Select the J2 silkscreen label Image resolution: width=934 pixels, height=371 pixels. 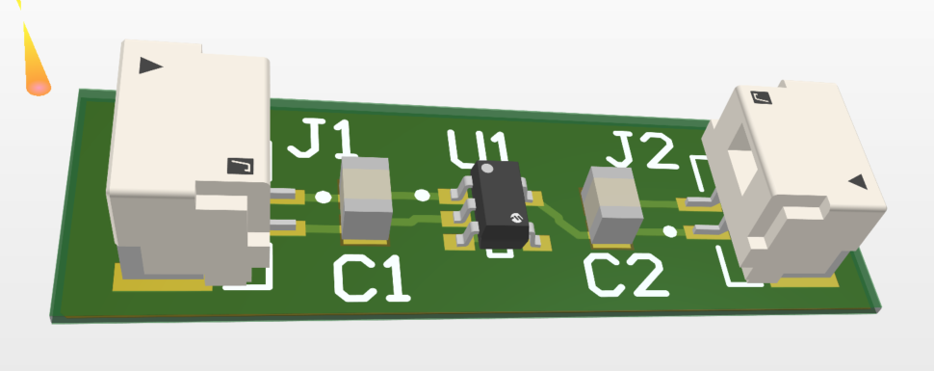640,150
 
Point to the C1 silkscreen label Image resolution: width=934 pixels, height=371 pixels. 372,279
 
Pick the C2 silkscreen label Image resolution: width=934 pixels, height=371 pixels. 626,277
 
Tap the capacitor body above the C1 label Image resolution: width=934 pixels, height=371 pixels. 366,199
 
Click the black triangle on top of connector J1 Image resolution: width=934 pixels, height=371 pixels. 150,66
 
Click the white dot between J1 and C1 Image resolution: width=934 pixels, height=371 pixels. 323,198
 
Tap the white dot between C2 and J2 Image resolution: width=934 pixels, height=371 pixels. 669,230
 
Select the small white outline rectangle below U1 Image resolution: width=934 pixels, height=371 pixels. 500,253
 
